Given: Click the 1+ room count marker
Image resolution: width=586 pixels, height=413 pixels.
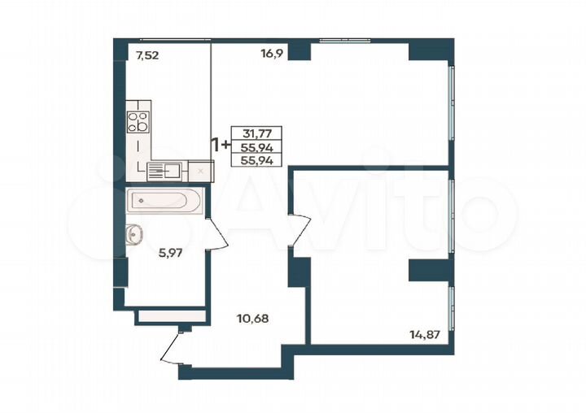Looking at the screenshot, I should click(220, 146).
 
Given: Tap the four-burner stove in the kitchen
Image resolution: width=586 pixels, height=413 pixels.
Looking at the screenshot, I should click(138, 122).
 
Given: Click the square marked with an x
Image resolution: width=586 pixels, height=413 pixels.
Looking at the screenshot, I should click(200, 171).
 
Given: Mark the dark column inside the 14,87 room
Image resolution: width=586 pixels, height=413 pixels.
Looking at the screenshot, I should click(429, 270).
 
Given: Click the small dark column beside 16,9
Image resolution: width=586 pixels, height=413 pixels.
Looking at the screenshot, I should click(300, 50).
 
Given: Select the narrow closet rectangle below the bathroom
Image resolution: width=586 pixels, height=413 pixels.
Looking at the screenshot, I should click(168, 315).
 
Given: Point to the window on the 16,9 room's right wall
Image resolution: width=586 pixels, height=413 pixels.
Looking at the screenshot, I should click(451, 107).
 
